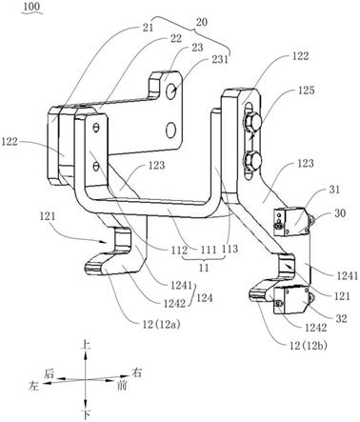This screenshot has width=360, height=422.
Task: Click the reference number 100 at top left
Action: [32, 8]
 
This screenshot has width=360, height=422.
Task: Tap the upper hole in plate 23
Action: [171, 90]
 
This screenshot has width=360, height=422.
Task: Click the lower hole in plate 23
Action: [170, 131]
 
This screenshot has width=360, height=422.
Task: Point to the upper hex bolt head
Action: [251, 122]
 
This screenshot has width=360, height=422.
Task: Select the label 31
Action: [333, 190]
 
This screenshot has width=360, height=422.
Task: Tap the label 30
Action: [340, 212]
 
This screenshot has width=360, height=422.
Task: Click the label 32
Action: [342, 318]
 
